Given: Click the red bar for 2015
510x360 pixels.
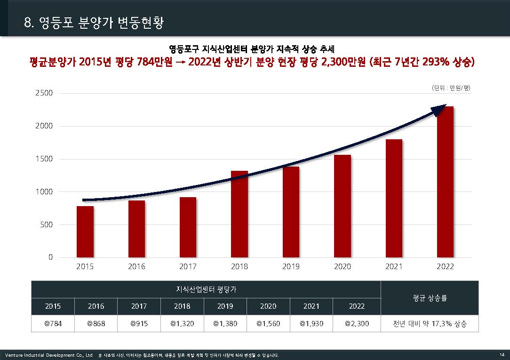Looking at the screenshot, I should coord(85,232).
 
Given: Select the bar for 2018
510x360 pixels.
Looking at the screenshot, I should coord(239,215).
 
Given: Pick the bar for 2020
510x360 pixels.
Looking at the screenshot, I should coord(342,207).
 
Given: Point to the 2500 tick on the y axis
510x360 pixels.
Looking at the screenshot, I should coord(44,93).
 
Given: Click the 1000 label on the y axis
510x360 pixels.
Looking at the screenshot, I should coord(44,192).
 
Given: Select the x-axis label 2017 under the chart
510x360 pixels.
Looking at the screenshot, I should coord(188,266).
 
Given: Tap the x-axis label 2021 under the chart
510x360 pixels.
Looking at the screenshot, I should coord(394,266).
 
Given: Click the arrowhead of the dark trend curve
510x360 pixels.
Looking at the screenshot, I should coord(439,110).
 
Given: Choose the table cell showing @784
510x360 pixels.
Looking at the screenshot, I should coord(53,324).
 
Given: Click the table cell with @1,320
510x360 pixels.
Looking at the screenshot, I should coord(182,324).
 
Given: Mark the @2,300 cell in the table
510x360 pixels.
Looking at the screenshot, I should coord(357,324).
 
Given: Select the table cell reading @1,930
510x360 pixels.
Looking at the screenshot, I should coord(311,324).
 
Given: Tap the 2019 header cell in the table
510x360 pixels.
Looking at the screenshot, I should coord(225,306).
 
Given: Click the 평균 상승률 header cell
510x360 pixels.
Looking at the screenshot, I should coord(430,298).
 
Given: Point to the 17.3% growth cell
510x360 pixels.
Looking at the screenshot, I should coord(430,324).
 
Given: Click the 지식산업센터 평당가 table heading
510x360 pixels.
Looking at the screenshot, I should coord(206,289).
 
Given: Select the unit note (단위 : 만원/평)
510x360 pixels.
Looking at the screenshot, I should coord(451,88).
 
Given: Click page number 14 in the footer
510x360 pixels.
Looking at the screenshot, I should coord(502,355).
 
